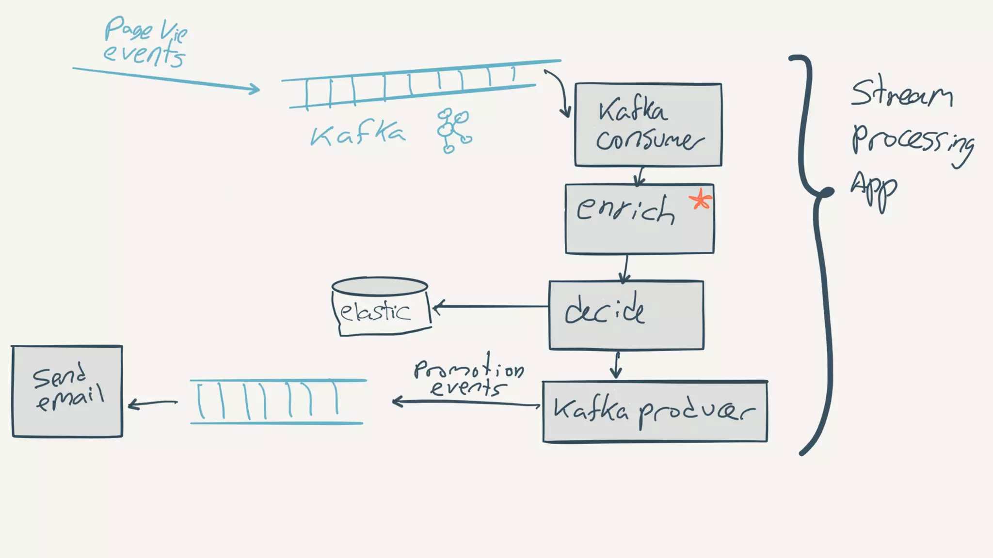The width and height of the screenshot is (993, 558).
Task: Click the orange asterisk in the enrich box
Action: click(x=701, y=200)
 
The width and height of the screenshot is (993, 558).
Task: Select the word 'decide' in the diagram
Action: click(x=605, y=309)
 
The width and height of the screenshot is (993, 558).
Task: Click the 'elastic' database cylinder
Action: click(x=380, y=306)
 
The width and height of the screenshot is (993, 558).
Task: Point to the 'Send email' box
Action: click(x=67, y=391)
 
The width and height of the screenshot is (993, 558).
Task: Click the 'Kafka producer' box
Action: click(x=655, y=411)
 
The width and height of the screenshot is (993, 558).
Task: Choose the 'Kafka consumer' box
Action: click(x=648, y=125)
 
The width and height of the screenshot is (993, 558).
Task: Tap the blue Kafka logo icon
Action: click(x=453, y=130)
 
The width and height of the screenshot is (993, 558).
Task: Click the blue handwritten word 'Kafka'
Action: click(x=357, y=134)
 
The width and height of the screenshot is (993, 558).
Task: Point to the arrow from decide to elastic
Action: click(x=490, y=306)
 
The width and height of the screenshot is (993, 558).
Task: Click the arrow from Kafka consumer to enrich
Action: click(x=640, y=176)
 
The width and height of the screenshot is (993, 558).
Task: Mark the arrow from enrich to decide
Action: click(x=625, y=268)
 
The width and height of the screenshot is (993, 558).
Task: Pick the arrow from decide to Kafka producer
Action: click(x=616, y=365)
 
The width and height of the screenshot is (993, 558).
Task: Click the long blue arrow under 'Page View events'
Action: click(x=165, y=79)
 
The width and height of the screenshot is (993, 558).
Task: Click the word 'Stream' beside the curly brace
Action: click(x=901, y=94)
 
